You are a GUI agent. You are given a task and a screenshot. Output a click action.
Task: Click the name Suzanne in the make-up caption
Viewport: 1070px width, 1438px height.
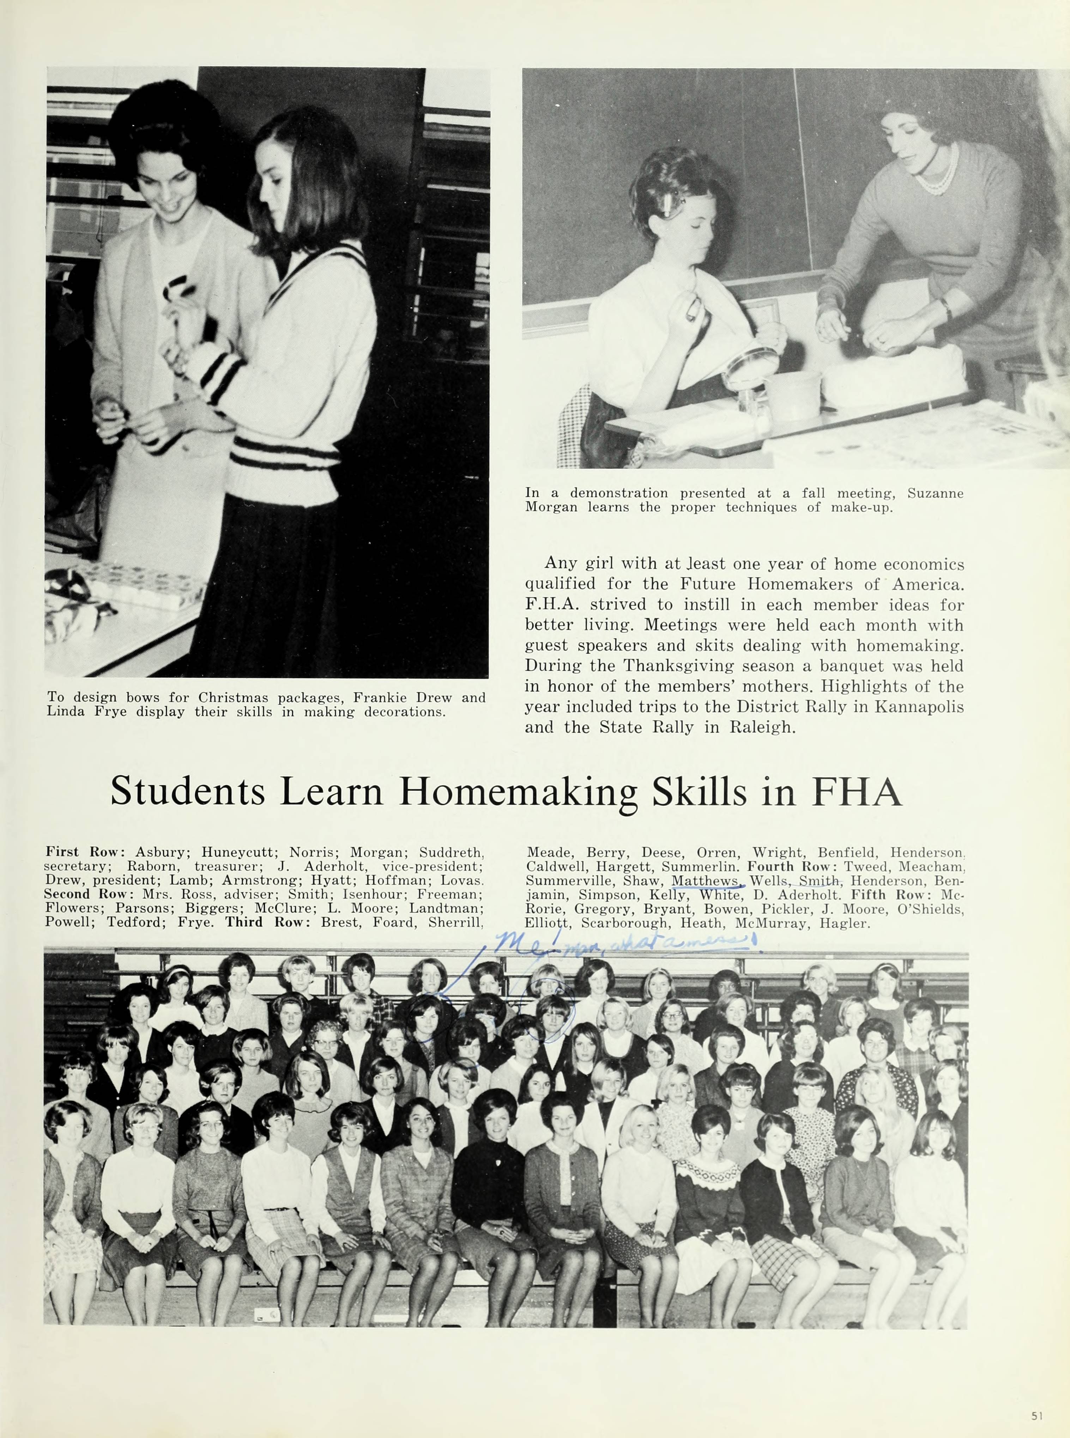click(935, 493)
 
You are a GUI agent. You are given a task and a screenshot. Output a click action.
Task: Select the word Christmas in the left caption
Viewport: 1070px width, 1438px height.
click(235, 697)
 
